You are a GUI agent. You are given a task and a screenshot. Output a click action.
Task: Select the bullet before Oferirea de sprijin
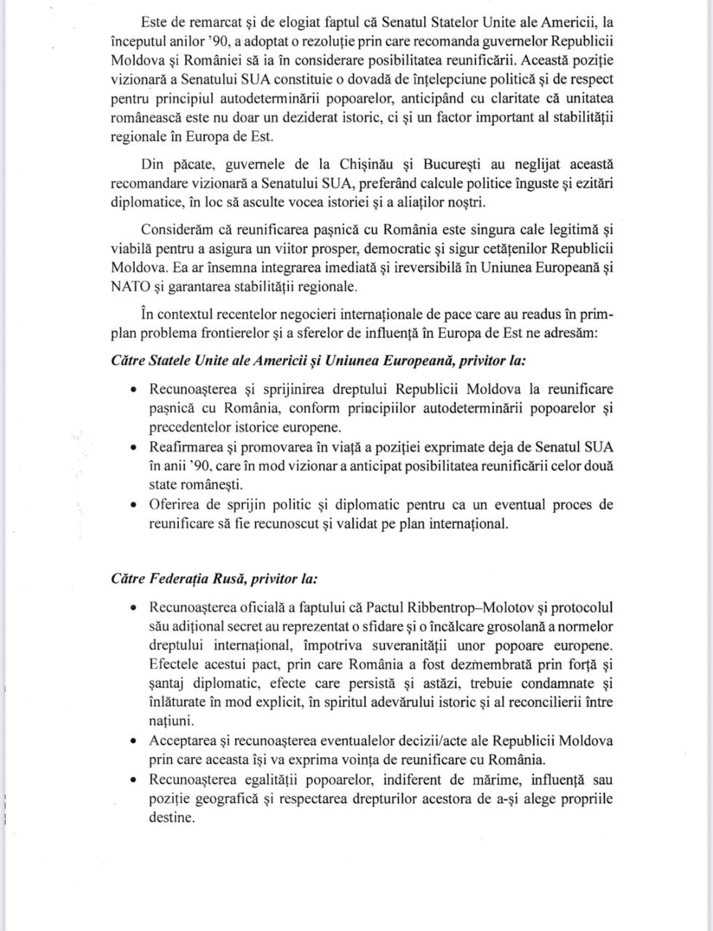click(x=133, y=505)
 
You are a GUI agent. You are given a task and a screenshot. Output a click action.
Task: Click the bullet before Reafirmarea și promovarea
click(x=133, y=447)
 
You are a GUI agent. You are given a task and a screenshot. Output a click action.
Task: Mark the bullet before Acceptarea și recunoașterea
click(x=133, y=741)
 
